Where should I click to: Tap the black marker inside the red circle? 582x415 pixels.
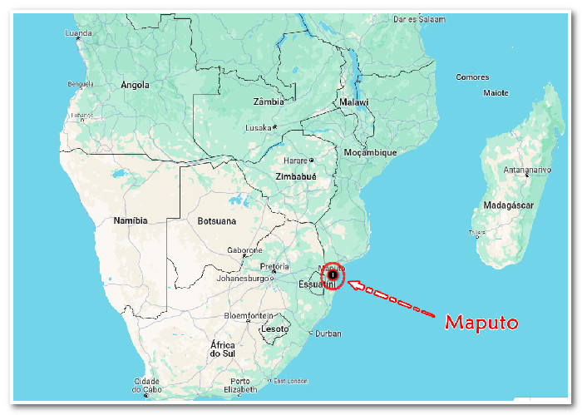pyautogui.click(x=333, y=274)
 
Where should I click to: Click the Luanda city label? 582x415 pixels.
pyautogui.click(x=78, y=33)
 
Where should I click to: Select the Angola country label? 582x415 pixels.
pyautogui.click(x=135, y=85)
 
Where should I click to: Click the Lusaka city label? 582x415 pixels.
pyautogui.click(x=259, y=127)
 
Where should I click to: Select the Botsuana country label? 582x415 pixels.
pyautogui.click(x=216, y=221)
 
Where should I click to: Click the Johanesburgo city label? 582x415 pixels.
pyautogui.click(x=243, y=279)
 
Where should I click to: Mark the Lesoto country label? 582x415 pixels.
pyautogui.click(x=275, y=329)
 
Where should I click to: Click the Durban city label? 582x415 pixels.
pyautogui.click(x=328, y=333)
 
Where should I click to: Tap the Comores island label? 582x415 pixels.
pyautogui.click(x=472, y=77)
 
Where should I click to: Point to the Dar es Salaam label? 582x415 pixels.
pyautogui.click(x=421, y=18)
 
